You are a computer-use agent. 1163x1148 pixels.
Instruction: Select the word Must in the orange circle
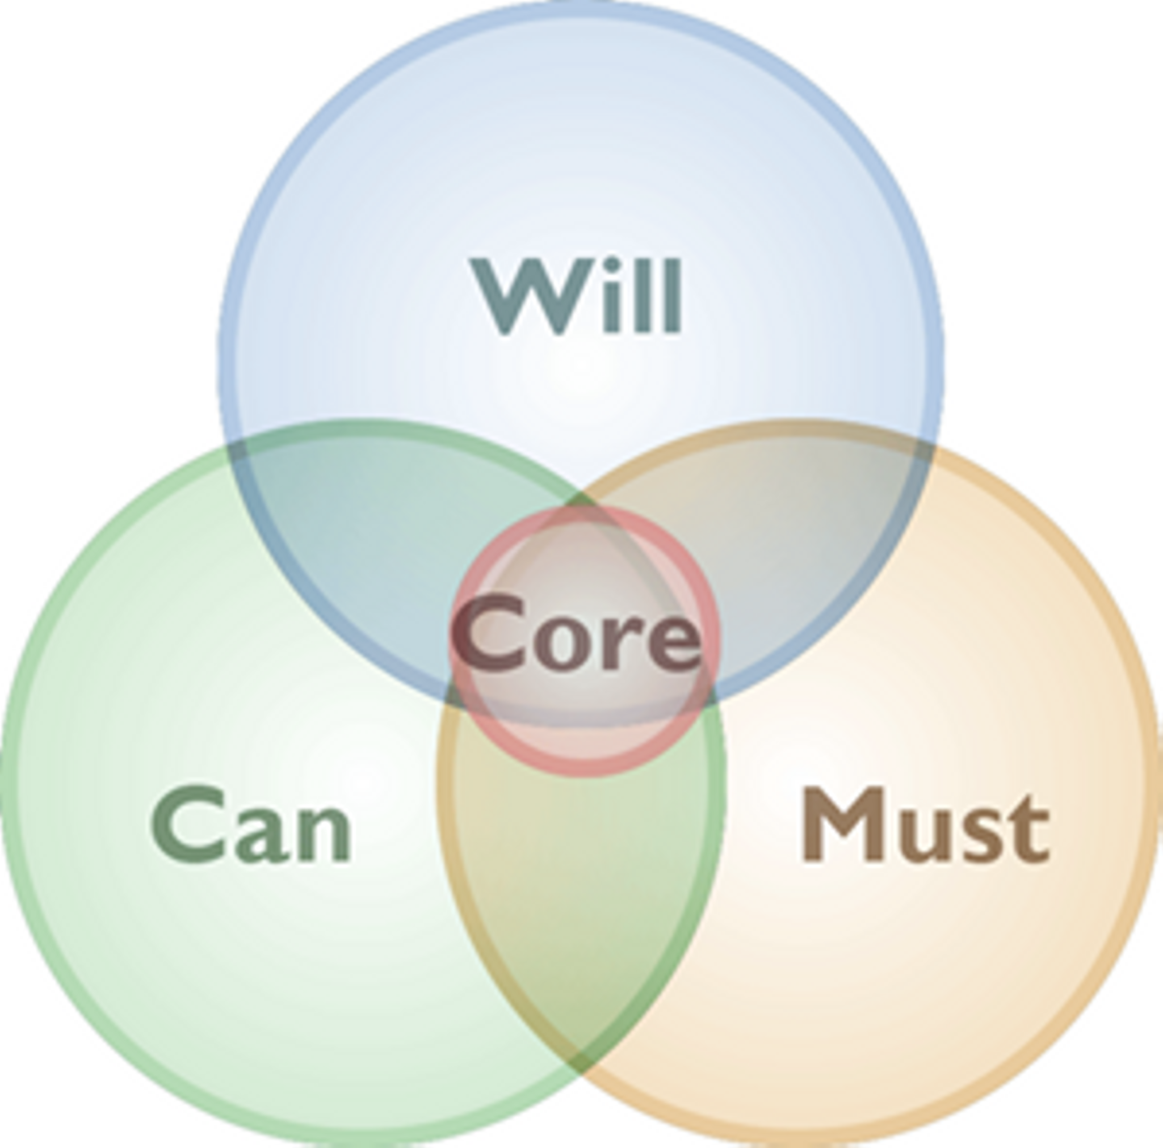(x=925, y=826)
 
